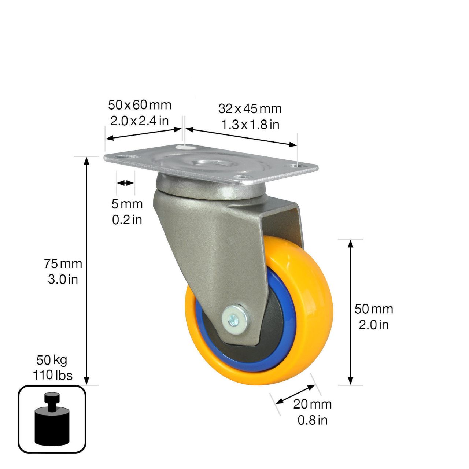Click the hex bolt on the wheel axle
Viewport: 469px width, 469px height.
tap(234, 317)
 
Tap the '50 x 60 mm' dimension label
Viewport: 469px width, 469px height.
tap(140, 105)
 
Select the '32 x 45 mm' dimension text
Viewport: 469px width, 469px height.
tap(250, 109)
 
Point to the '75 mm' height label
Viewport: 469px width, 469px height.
tap(63, 263)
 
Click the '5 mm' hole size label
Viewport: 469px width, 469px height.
tap(127, 204)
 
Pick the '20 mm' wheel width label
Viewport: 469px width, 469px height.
tap(312, 404)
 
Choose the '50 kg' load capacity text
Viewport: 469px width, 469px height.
tap(52, 360)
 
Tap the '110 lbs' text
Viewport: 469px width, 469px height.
tap(52, 375)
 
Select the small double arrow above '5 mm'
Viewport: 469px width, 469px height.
tap(125, 183)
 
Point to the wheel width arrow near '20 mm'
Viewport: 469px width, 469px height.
tap(295, 394)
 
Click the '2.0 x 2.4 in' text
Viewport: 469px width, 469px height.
tap(140, 121)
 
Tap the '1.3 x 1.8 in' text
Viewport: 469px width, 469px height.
tap(250, 125)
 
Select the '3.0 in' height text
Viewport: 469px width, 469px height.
tap(63, 280)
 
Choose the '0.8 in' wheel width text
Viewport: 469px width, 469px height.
tap(312, 420)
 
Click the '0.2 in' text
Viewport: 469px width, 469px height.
tap(127, 220)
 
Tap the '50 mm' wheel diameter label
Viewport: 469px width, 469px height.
tap(373, 309)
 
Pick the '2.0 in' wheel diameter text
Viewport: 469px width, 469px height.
tap(373, 325)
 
